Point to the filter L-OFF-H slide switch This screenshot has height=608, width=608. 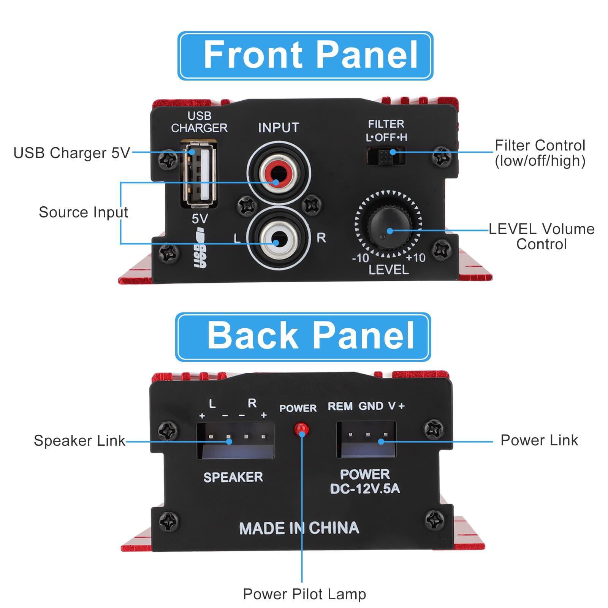385,155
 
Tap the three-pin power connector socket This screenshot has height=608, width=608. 366,439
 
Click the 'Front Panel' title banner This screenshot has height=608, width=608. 305,55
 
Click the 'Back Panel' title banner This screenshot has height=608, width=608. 303,336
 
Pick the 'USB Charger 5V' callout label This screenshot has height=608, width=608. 71,153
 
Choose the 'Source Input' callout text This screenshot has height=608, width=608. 83,212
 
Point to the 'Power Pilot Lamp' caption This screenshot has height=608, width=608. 304,594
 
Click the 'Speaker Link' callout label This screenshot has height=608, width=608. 79,440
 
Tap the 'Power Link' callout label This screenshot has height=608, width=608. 539,440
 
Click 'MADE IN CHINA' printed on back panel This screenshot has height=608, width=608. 299,528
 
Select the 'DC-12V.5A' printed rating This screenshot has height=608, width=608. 365,489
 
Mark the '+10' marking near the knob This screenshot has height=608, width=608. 415,258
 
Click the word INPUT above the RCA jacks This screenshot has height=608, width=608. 279,128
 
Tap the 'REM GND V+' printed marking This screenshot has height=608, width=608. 366,406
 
